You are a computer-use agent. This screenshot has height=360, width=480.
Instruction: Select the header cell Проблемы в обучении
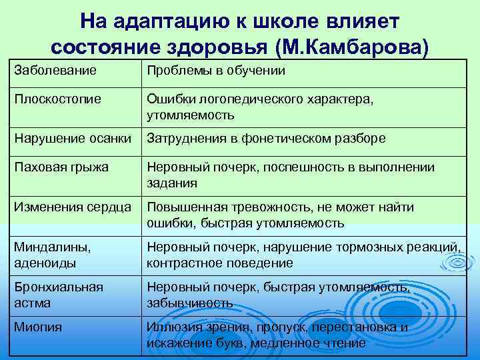216,71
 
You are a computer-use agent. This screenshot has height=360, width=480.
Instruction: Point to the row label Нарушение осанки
73,139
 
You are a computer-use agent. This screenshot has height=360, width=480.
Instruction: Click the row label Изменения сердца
73,207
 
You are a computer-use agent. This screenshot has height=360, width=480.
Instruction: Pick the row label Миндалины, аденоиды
53,255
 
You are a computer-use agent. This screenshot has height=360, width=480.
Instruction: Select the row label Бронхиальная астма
59,295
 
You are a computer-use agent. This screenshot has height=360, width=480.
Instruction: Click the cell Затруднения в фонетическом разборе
265,139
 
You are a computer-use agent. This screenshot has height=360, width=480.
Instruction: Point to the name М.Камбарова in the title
363,47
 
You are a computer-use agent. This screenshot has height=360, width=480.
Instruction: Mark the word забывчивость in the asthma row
190,303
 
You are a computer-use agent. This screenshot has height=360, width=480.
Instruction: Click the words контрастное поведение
220,263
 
